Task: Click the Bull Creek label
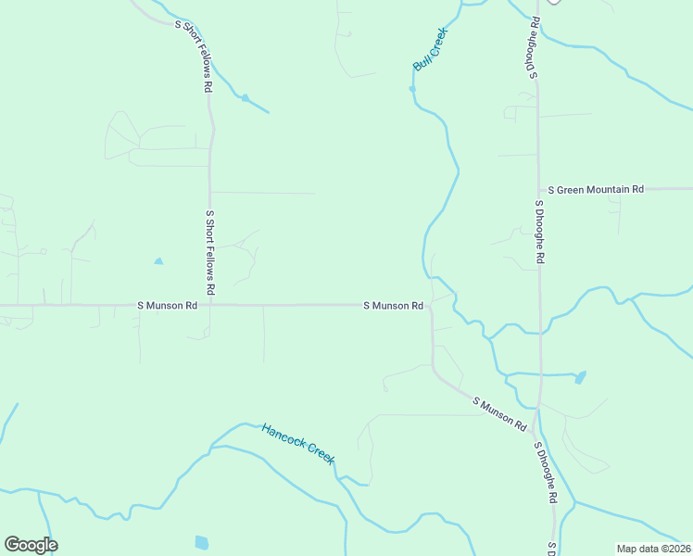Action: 430,49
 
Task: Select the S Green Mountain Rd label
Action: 596,189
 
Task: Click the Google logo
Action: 31,545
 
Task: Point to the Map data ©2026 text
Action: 654,549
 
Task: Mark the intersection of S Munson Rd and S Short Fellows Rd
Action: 209,304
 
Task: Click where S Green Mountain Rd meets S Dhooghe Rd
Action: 538,189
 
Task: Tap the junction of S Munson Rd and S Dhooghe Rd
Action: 538,409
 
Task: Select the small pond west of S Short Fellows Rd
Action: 158,261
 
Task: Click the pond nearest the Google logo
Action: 202,542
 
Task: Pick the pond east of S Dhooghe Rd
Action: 580,377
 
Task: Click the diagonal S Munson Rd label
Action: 499,414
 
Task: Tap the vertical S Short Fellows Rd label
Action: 210,252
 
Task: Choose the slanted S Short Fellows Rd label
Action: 194,57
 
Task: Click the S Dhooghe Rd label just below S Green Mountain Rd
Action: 538,232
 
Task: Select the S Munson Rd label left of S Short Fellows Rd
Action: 168,305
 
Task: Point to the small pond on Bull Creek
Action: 412,89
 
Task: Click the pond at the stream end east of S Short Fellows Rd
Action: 246,97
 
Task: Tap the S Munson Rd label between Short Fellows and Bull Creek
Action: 393,305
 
